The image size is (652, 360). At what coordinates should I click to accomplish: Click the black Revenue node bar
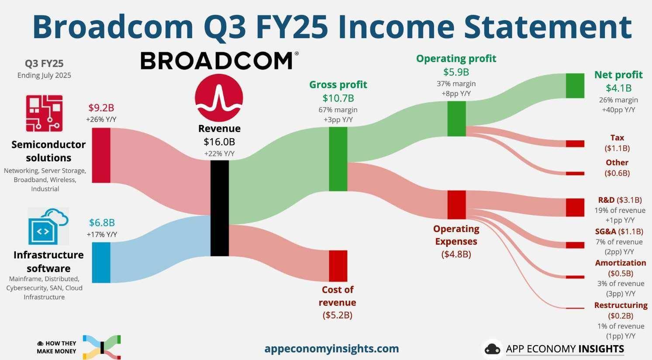(220, 208)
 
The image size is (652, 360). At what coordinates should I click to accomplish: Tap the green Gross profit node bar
(338, 159)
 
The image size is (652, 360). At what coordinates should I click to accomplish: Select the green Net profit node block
(575, 86)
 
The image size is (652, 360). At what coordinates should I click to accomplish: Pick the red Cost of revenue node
(338, 266)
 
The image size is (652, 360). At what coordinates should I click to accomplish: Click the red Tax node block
(575, 144)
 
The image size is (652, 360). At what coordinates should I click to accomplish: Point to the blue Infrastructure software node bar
(101, 263)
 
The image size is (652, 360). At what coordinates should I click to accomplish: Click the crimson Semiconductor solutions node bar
(101, 155)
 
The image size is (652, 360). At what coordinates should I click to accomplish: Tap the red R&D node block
(575, 208)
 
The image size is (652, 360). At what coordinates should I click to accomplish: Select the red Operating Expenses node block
(456, 205)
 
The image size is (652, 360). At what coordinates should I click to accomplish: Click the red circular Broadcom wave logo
(219, 97)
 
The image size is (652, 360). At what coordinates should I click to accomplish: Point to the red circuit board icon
(44, 113)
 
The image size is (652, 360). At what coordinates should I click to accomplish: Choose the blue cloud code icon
(48, 226)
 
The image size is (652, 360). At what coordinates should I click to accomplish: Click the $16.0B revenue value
(219, 142)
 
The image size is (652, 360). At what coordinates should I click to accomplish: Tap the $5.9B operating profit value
(456, 72)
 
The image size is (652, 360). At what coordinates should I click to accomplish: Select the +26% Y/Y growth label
(101, 119)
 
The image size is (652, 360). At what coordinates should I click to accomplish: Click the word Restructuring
(621, 305)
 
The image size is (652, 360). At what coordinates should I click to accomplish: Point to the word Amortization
(621, 263)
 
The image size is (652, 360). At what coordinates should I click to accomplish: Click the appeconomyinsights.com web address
(331, 348)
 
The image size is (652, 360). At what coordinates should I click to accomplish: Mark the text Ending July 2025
(44, 76)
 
